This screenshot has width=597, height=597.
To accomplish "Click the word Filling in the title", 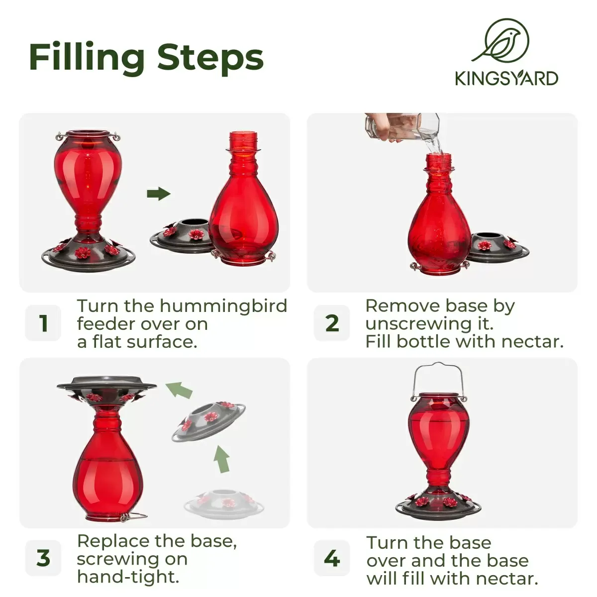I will [x=87, y=58].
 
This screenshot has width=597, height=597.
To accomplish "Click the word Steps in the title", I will [x=210, y=58].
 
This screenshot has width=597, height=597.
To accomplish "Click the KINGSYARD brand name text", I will [x=506, y=79].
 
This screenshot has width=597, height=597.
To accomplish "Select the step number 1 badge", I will [x=43, y=323].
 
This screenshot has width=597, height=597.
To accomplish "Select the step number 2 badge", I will [x=332, y=323].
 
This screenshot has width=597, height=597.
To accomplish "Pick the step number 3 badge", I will [x=43, y=558].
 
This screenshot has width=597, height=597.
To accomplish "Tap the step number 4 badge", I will [x=332, y=558].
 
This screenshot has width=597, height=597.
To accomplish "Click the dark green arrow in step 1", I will [x=158, y=194].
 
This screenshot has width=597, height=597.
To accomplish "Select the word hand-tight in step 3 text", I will [x=128, y=577].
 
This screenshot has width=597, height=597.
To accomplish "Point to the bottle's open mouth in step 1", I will [x=243, y=135].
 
